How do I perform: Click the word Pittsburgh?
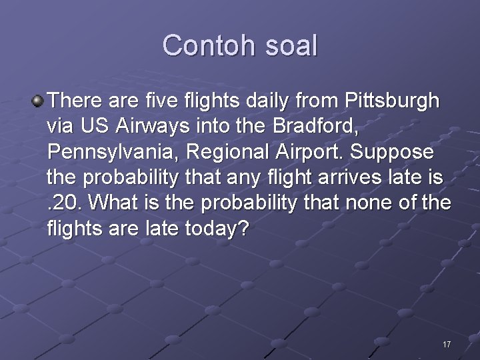coord(393,101)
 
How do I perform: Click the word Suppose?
coord(394,152)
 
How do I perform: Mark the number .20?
coord(64,203)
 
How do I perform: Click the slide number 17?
coord(447,345)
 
